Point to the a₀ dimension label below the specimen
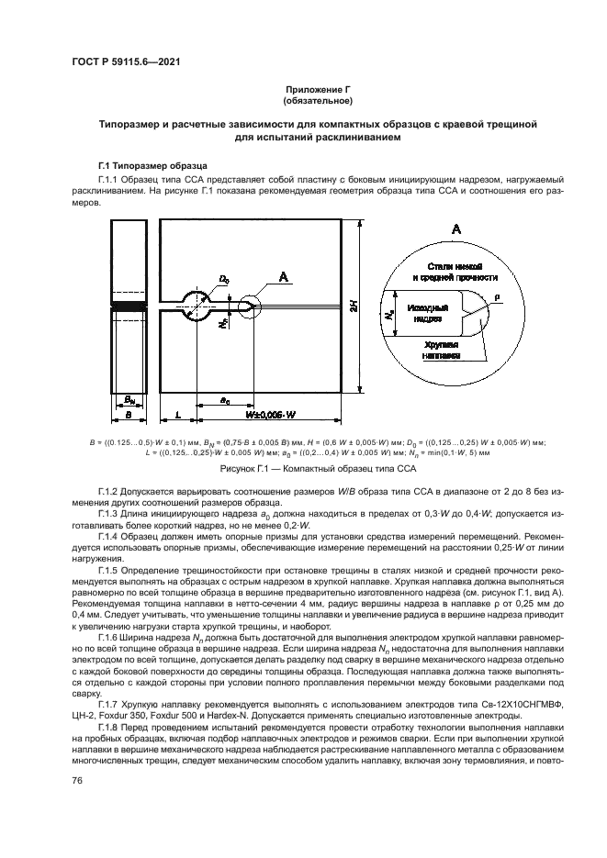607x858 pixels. pyautogui.click(x=225, y=399)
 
